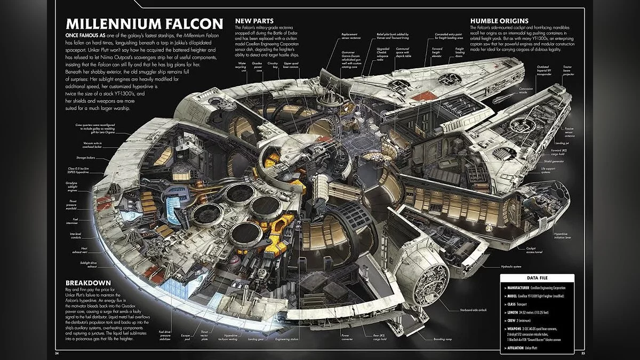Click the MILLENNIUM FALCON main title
pos(143,25)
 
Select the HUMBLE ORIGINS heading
pos(499,20)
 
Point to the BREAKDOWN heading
pos(88,282)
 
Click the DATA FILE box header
pos(538,278)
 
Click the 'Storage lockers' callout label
pos(86,158)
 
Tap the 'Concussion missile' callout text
pos(527,90)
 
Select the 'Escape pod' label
pos(185,338)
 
